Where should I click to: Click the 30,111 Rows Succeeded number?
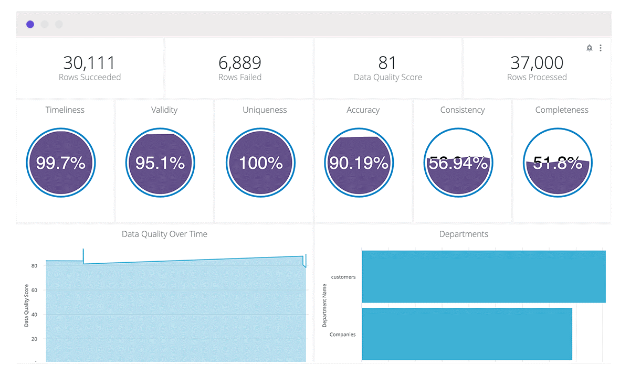click(89, 63)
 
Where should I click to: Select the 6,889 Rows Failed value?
click(240, 63)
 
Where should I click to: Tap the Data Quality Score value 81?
click(387, 63)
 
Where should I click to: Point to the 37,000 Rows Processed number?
click(537, 63)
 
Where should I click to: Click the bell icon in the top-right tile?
click(590, 48)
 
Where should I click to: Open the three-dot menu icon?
click(601, 48)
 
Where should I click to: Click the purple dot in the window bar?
click(30, 24)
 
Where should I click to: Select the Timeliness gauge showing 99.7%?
click(61, 163)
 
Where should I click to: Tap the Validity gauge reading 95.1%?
click(160, 163)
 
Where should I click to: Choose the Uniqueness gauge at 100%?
click(260, 163)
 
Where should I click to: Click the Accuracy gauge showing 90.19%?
click(359, 163)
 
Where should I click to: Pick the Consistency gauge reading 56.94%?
click(458, 163)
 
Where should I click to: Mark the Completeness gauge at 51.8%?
click(558, 163)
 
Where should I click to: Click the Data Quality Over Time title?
click(164, 234)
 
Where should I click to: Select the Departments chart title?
click(464, 234)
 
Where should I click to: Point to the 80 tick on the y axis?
click(34, 266)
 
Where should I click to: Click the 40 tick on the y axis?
click(34, 315)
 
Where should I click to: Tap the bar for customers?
click(484, 277)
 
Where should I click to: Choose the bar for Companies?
click(467, 334)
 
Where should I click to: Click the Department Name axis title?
click(324, 305)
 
